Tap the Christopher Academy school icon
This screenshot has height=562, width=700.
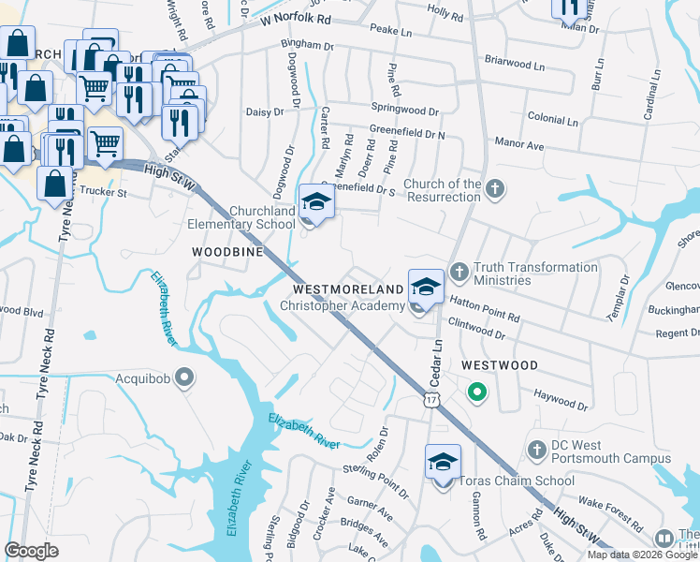click(426, 288)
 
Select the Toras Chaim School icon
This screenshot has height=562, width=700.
click(443, 463)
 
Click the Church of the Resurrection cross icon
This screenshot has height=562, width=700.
click(496, 190)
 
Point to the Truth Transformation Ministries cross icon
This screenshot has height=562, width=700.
click(459, 271)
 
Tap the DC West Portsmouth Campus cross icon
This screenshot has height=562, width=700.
click(537, 450)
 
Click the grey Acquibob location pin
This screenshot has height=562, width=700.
click(184, 377)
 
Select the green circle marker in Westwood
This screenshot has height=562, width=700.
click(476, 392)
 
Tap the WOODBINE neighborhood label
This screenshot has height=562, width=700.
click(226, 252)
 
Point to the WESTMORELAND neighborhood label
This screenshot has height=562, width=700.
click(348, 288)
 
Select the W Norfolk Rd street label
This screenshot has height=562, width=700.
click(297, 18)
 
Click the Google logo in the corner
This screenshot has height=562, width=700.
click(32, 551)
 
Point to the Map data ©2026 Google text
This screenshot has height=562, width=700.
click(642, 554)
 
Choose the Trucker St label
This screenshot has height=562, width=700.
click(101, 194)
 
